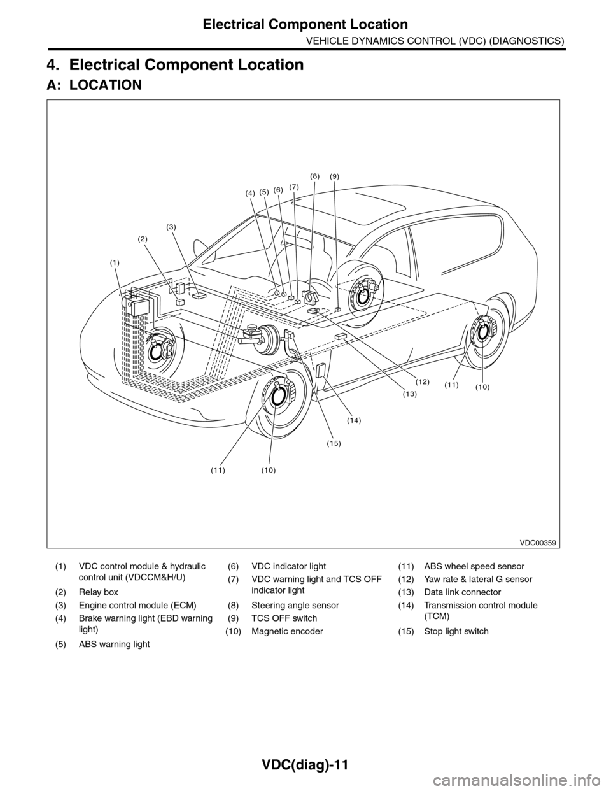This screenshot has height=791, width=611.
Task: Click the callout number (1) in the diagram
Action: click(x=114, y=262)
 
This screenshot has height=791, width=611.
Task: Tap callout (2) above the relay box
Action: click(x=143, y=238)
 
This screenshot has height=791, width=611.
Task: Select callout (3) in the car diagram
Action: click(x=171, y=227)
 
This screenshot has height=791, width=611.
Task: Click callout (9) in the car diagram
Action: click(x=335, y=175)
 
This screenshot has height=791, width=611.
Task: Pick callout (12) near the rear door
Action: click(x=423, y=381)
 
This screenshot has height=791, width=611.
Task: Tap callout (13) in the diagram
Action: click(x=409, y=395)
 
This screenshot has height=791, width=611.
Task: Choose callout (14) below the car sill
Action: click(x=354, y=420)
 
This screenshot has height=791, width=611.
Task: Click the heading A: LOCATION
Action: click(x=94, y=85)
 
